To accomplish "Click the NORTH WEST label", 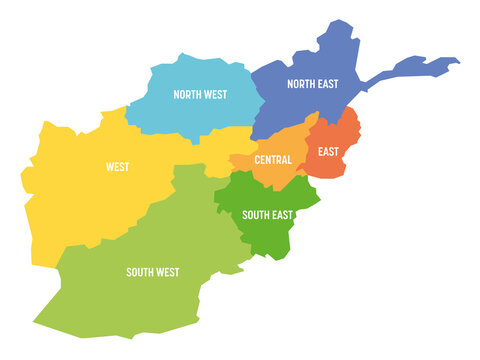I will [200, 95].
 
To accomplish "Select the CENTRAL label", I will [273, 160].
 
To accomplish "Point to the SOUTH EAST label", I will [267, 214].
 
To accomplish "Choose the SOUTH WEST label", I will [153, 272].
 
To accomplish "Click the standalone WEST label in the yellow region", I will [117, 167].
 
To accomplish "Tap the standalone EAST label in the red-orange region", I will [329, 153].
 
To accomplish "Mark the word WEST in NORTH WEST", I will [216, 95].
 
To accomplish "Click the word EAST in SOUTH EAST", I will [284, 214].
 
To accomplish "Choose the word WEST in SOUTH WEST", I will [168, 272].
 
